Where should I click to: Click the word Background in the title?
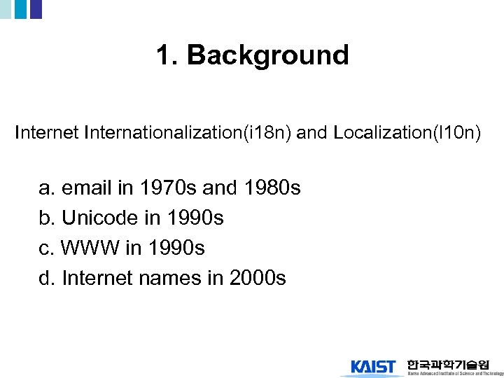pos(268,55)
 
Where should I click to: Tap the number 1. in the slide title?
pos(168,55)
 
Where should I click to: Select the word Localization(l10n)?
pos(407,133)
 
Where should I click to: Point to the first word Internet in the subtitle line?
pos(46,133)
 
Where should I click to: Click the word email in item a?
pos(87,188)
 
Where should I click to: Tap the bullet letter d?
pos(46,279)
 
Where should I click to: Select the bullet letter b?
pos(46,218)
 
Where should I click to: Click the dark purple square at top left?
pos(36,8)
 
